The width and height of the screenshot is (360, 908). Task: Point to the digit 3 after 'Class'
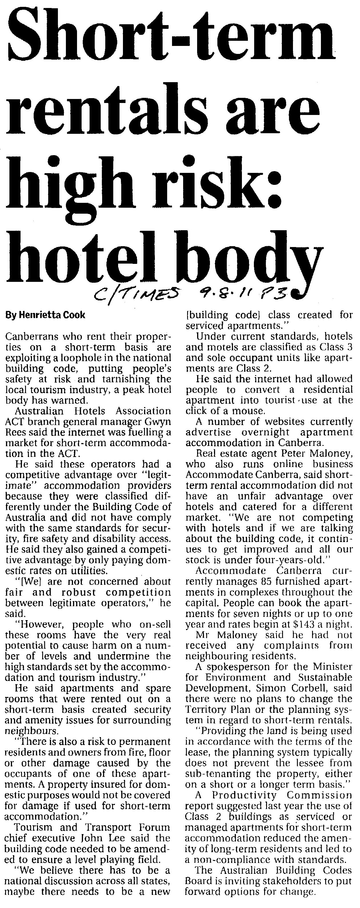pos(349,347)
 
